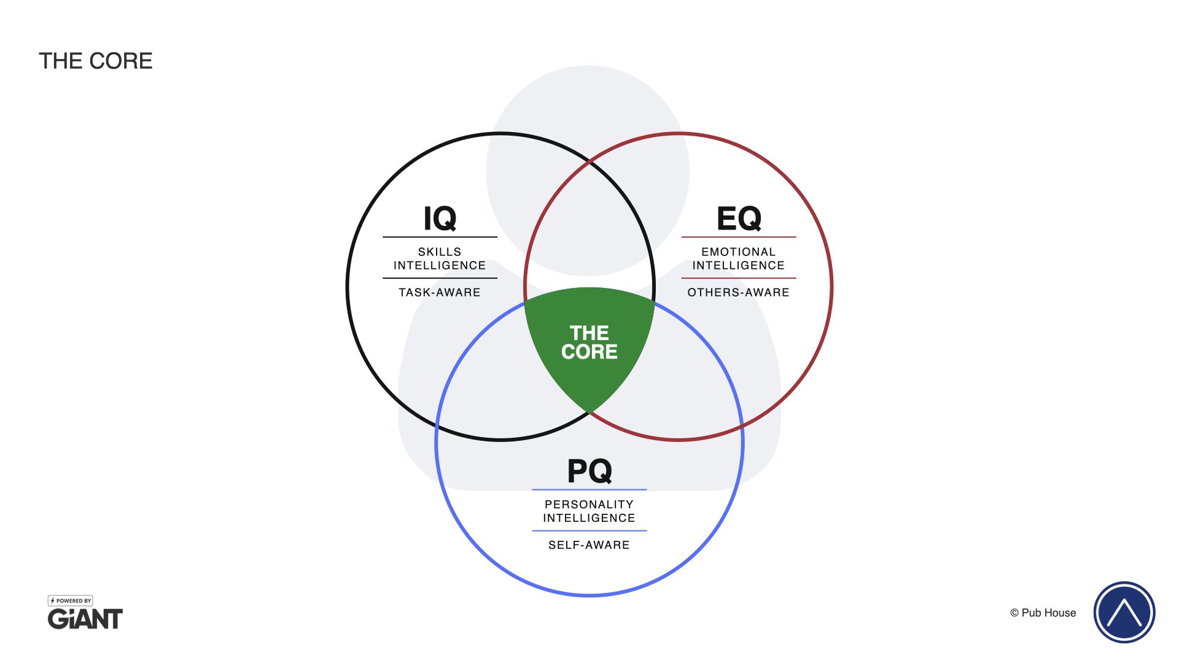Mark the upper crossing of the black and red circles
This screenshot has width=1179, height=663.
pos(589,161)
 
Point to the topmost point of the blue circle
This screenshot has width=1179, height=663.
pos(589,289)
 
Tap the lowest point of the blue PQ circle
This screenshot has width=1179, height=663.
pos(589,595)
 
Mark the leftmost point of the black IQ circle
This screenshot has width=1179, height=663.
pos(348,287)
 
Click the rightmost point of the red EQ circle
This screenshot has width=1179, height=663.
pos(831,287)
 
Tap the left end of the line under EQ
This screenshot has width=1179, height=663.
pos(682,237)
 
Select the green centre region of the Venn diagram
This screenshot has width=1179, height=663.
pos(589,344)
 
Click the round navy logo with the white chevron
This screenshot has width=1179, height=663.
pos(1124,612)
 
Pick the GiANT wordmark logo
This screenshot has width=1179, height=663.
pos(85,619)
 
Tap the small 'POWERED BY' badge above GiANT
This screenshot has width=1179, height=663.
pos(71,601)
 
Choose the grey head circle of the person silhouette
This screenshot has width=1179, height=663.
pos(588,171)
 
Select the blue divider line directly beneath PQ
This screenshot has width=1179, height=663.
pos(589,490)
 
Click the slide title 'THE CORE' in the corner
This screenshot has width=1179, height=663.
pos(96,61)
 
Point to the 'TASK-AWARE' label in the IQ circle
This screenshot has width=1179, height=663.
pos(440,292)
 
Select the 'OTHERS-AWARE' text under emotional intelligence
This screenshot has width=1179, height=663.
pos(739,292)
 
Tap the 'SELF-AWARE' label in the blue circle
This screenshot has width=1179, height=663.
pos(589,545)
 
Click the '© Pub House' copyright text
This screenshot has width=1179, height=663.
pos(1043,613)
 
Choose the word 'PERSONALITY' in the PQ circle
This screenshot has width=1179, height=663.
pos(589,505)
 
